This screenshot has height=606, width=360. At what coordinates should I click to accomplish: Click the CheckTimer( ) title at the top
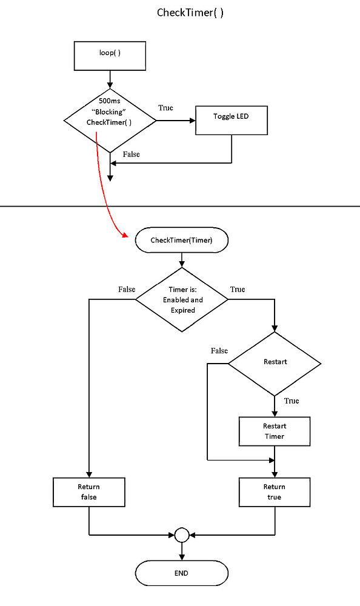tap(190, 13)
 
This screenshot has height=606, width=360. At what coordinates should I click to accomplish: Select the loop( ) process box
tap(110, 55)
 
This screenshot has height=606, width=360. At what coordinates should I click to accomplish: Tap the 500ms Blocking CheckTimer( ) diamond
tap(110, 121)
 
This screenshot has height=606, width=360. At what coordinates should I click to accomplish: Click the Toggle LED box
tap(232, 121)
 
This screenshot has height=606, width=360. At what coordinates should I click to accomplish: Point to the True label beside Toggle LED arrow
tap(165, 108)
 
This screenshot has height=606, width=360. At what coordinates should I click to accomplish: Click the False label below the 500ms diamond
tap(131, 155)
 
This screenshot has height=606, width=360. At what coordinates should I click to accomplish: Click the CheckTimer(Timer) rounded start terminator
tap(182, 241)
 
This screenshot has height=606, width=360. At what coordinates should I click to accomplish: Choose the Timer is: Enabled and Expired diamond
tap(182, 299)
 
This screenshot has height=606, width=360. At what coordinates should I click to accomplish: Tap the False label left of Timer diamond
tap(127, 289)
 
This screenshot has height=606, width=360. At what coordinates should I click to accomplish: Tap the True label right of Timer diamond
tap(238, 289)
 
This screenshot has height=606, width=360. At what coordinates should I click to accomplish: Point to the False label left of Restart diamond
tap(219, 351)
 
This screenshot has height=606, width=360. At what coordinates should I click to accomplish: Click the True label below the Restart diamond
tap(292, 401)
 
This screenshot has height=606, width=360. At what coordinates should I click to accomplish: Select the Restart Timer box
tap(275, 431)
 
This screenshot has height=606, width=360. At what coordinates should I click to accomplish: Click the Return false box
tap(89, 492)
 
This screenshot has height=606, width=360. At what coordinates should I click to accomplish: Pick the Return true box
tap(275, 492)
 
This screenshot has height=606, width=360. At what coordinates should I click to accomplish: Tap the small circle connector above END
tap(182, 534)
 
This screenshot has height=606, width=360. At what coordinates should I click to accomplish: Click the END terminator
tap(182, 573)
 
